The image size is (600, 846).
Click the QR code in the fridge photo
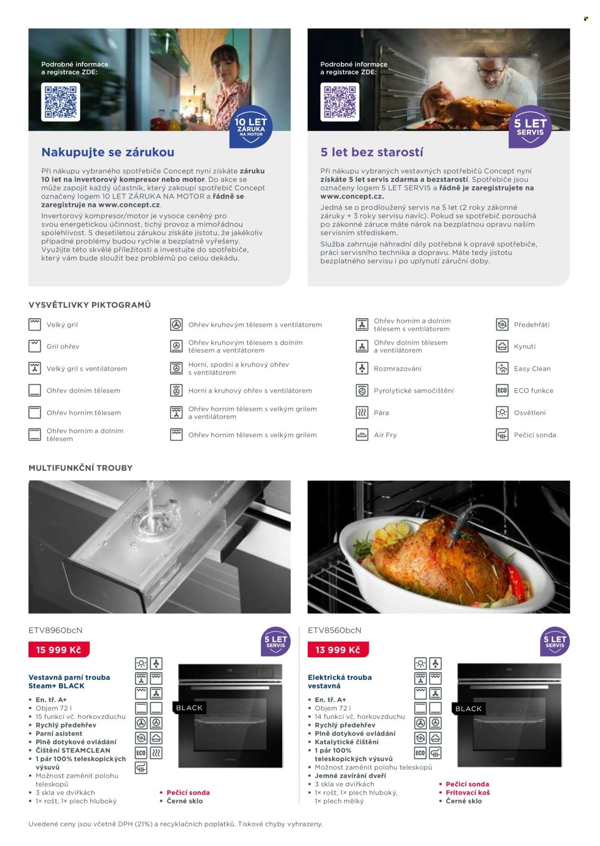60,102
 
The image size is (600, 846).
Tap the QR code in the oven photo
340,102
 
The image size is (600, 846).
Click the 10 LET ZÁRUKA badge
251,127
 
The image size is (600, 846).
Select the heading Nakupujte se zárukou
108,152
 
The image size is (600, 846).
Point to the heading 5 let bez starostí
372,152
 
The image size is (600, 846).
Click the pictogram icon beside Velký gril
35,324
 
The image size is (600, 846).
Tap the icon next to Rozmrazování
361,369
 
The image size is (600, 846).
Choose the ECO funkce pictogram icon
502,391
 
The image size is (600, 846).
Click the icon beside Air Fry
361,435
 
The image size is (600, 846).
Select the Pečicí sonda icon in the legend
502,435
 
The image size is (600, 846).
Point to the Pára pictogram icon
361,413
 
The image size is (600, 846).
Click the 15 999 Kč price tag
59,650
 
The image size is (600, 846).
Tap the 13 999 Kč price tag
338,650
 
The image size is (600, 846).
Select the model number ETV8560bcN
335,630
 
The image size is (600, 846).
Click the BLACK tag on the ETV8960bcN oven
189,708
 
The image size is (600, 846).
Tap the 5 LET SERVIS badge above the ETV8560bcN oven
555,642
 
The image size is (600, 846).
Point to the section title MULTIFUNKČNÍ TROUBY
81,468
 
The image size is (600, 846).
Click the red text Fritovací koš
468,793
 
